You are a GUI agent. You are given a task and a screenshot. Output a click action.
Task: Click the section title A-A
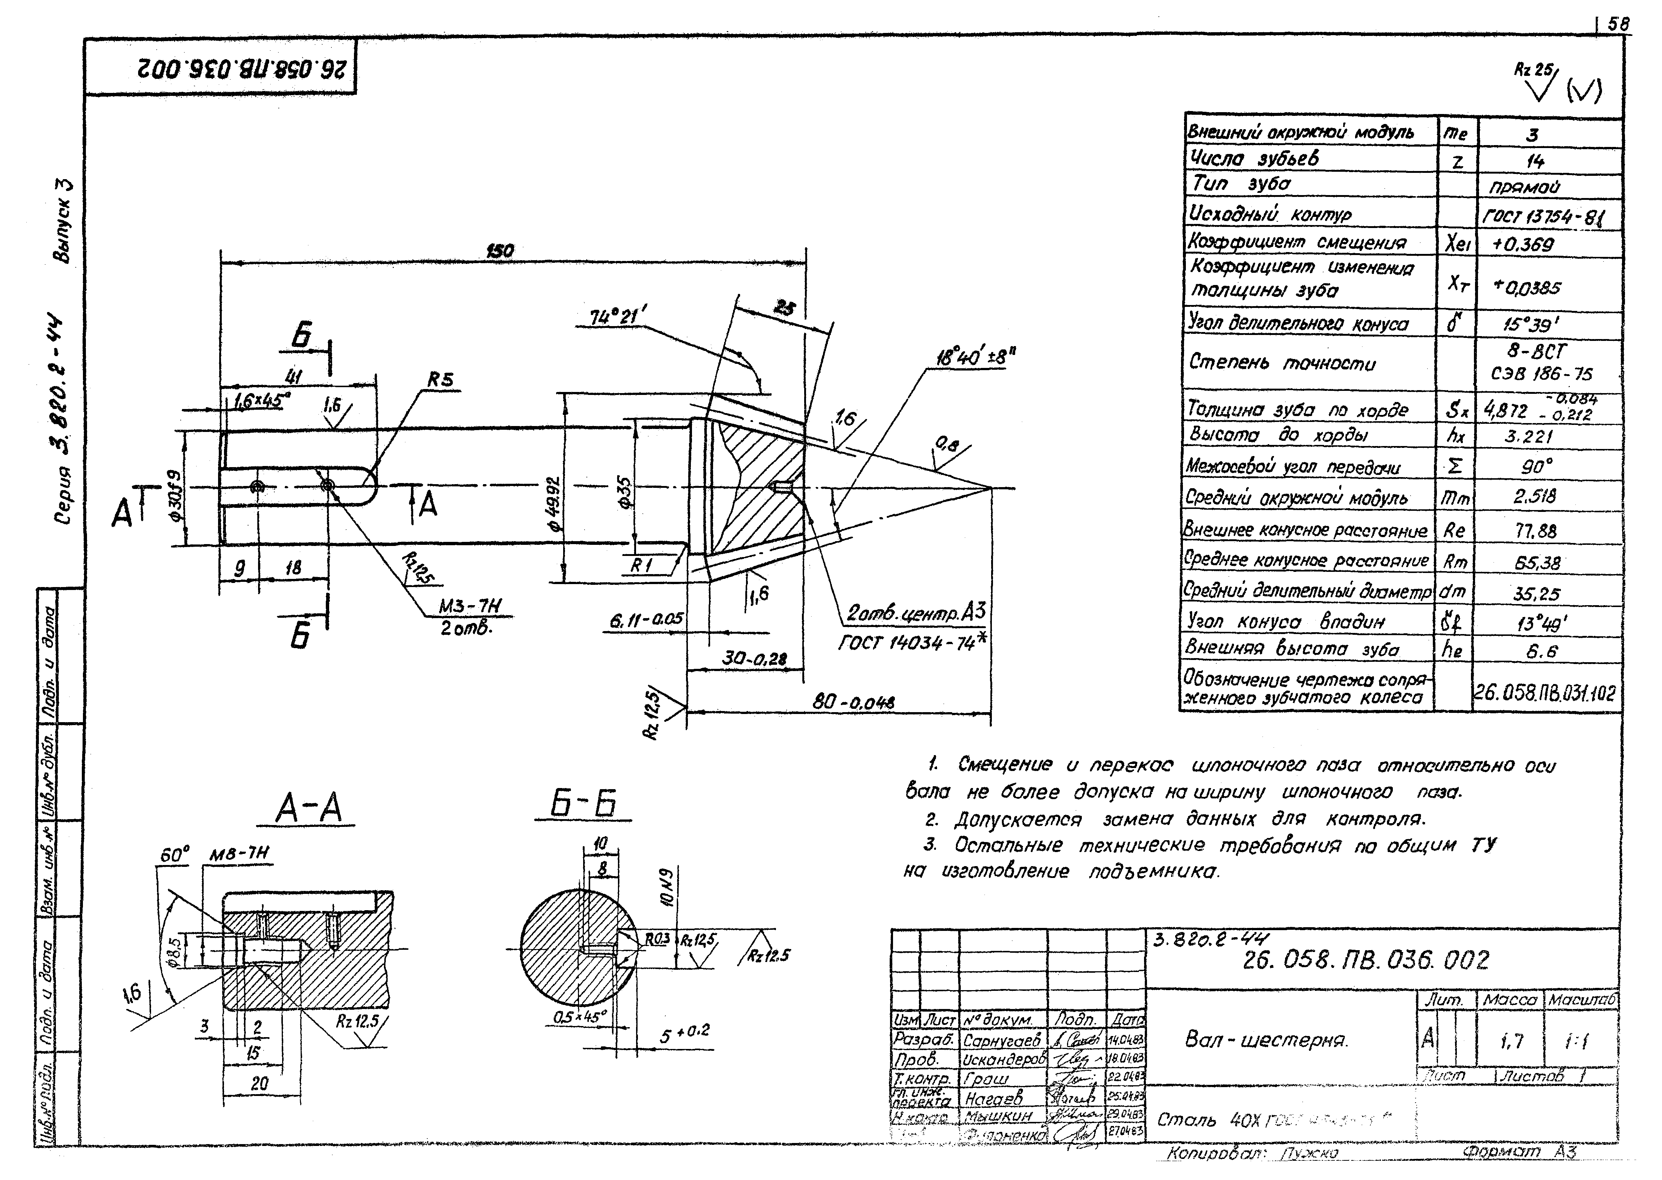(x=309, y=809)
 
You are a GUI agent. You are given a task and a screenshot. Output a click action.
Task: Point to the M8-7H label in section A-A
(x=240, y=855)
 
